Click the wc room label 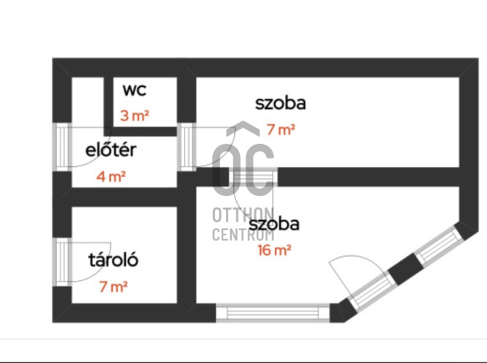134,90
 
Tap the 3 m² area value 134,115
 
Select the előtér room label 111,150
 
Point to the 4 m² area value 111,176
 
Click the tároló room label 113,260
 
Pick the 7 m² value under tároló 113,286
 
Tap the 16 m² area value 275,250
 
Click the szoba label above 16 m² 274,224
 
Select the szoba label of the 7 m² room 281,103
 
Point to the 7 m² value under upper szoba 281,129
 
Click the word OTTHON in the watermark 243,215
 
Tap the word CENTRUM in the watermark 243,234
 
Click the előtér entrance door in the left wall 62,147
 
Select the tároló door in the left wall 62,262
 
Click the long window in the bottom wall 273,313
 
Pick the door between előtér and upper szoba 187,147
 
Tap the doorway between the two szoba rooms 253,177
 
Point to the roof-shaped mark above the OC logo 243,129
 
